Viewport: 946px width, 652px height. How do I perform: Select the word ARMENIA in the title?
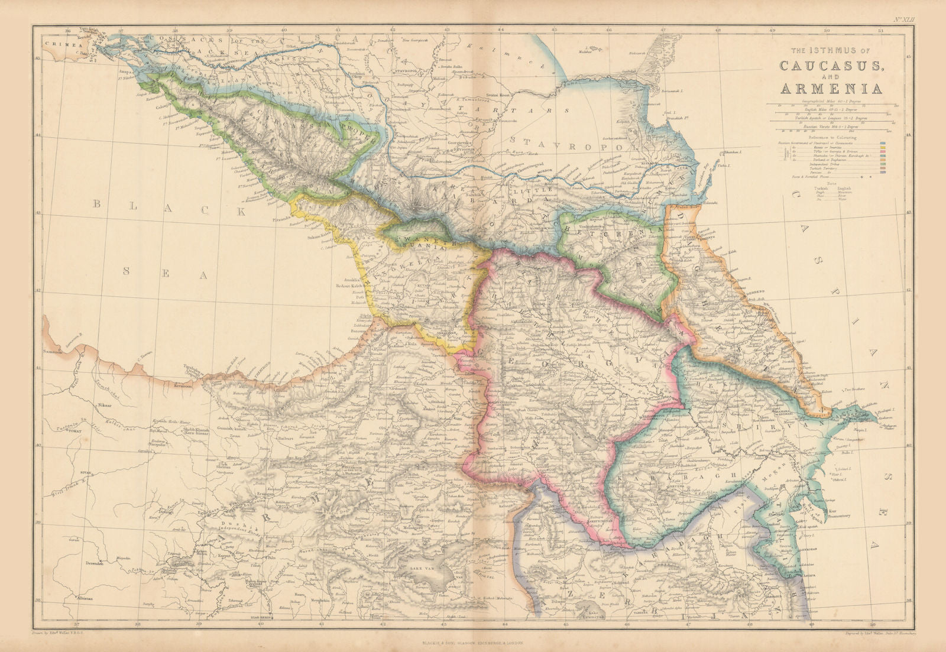coord(832,88)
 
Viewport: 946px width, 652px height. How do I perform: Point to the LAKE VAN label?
coord(410,569)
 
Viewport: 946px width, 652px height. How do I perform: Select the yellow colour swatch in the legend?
coord(883,148)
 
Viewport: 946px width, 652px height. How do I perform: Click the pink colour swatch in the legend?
coord(883,151)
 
